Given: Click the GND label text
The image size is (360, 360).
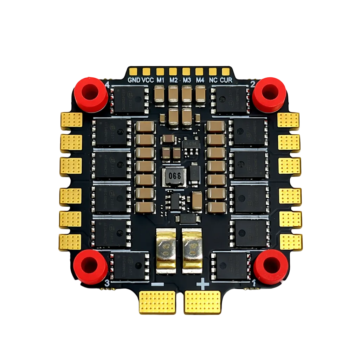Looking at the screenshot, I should [x=134, y=80].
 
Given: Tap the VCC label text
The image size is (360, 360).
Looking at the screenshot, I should [x=147, y=80].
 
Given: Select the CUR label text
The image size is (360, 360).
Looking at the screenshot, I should [x=226, y=80].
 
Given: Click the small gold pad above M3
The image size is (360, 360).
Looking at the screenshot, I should [x=186, y=71].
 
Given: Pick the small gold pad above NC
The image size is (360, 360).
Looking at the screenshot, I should [x=213, y=71].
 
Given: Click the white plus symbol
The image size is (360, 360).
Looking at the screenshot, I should [x=202, y=283].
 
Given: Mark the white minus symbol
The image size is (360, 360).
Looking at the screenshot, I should [x=158, y=284].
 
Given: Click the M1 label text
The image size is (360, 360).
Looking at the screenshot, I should [x=161, y=80].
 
